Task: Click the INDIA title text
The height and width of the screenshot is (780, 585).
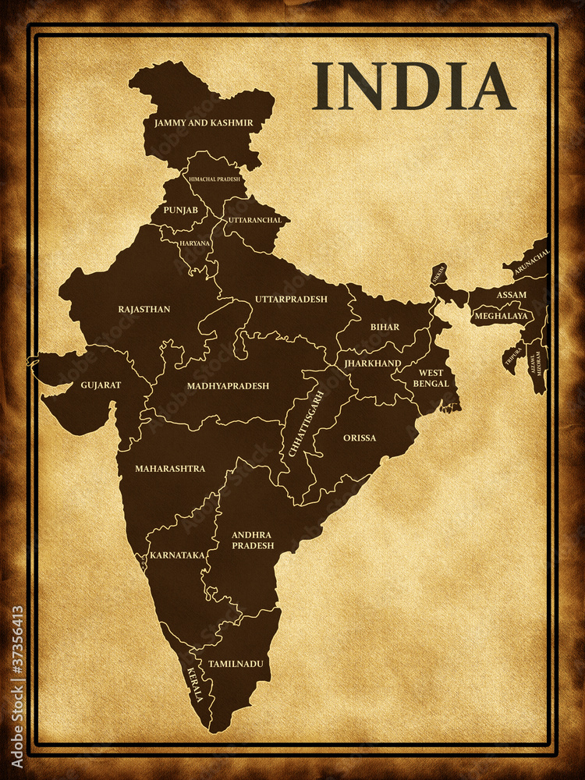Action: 413,86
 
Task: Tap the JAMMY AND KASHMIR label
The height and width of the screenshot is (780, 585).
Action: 204,122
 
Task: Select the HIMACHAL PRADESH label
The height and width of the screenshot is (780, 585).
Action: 214,179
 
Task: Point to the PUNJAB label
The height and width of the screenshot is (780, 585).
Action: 180,211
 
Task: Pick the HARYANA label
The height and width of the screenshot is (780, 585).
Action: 194,243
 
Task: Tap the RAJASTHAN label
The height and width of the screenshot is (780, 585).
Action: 144,309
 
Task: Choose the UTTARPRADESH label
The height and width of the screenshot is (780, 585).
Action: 291,299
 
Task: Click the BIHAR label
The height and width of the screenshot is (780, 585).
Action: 385,327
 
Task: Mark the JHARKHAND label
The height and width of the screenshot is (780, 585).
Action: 373,363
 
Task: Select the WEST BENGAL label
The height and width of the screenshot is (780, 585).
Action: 431,378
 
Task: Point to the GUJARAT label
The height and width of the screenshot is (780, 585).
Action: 101,385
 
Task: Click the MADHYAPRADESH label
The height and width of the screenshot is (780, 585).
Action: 228,385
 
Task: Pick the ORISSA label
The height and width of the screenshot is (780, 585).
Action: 360,438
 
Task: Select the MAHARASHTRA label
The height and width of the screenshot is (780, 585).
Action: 170,468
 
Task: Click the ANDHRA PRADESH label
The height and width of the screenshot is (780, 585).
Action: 253,540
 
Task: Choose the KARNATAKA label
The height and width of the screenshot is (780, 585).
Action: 177,555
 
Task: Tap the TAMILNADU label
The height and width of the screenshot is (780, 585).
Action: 236,664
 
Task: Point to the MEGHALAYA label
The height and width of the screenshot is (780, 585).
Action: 502,316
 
